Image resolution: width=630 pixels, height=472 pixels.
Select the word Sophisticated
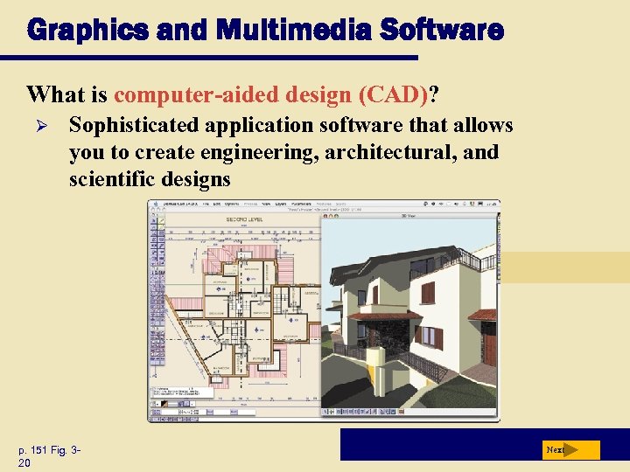(135, 126)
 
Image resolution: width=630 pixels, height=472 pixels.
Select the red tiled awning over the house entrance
(385, 316)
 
